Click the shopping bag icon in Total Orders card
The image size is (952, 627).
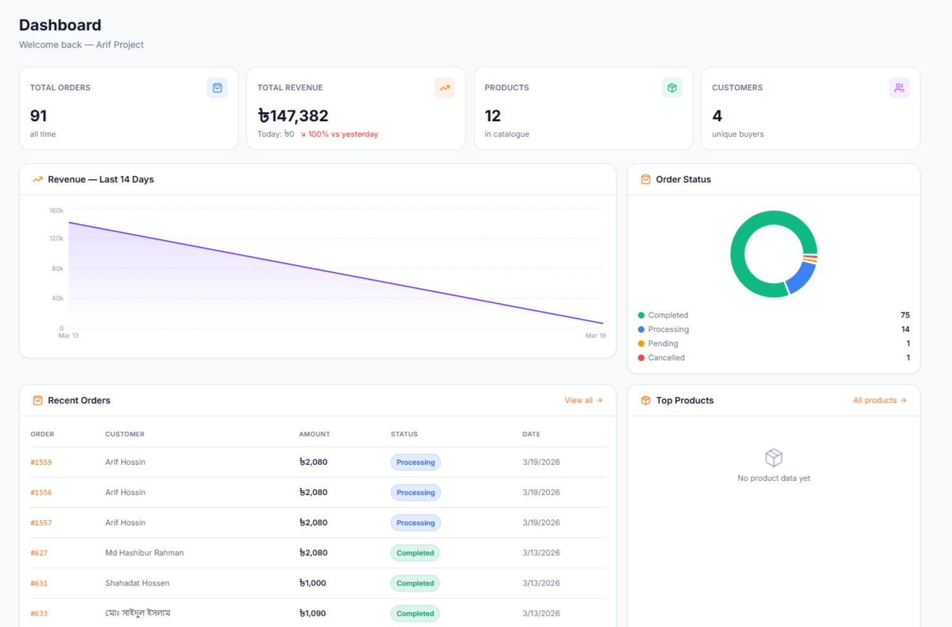[x=217, y=88]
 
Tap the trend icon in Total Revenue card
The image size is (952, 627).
[x=444, y=88]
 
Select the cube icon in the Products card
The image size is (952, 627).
[x=672, y=88]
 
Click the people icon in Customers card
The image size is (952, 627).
[x=899, y=88]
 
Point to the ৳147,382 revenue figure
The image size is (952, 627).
[x=293, y=116]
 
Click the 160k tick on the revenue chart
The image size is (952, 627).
[x=57, y=211]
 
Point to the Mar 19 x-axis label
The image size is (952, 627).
[x=595, y=336]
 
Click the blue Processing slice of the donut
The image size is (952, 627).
[x=801, y=277]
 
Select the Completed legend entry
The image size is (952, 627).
[x=667, y=315]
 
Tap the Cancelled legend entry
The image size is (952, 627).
[x=666, y=358]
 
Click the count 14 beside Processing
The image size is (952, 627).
[x=905, y=329]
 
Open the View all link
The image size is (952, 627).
[x=583, y=400]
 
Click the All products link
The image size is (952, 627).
[x=879, y=400]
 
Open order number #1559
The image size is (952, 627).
[x=41, y=462]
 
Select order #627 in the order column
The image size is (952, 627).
[x=39, y=553]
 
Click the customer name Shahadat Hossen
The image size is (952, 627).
[x=137, y=583]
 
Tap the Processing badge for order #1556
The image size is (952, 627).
[x=415, y=492]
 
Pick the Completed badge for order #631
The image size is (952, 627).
[x=415, y=583]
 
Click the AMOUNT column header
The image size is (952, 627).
[x=314, y=434]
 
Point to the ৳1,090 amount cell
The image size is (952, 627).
[x=312, y=613]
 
